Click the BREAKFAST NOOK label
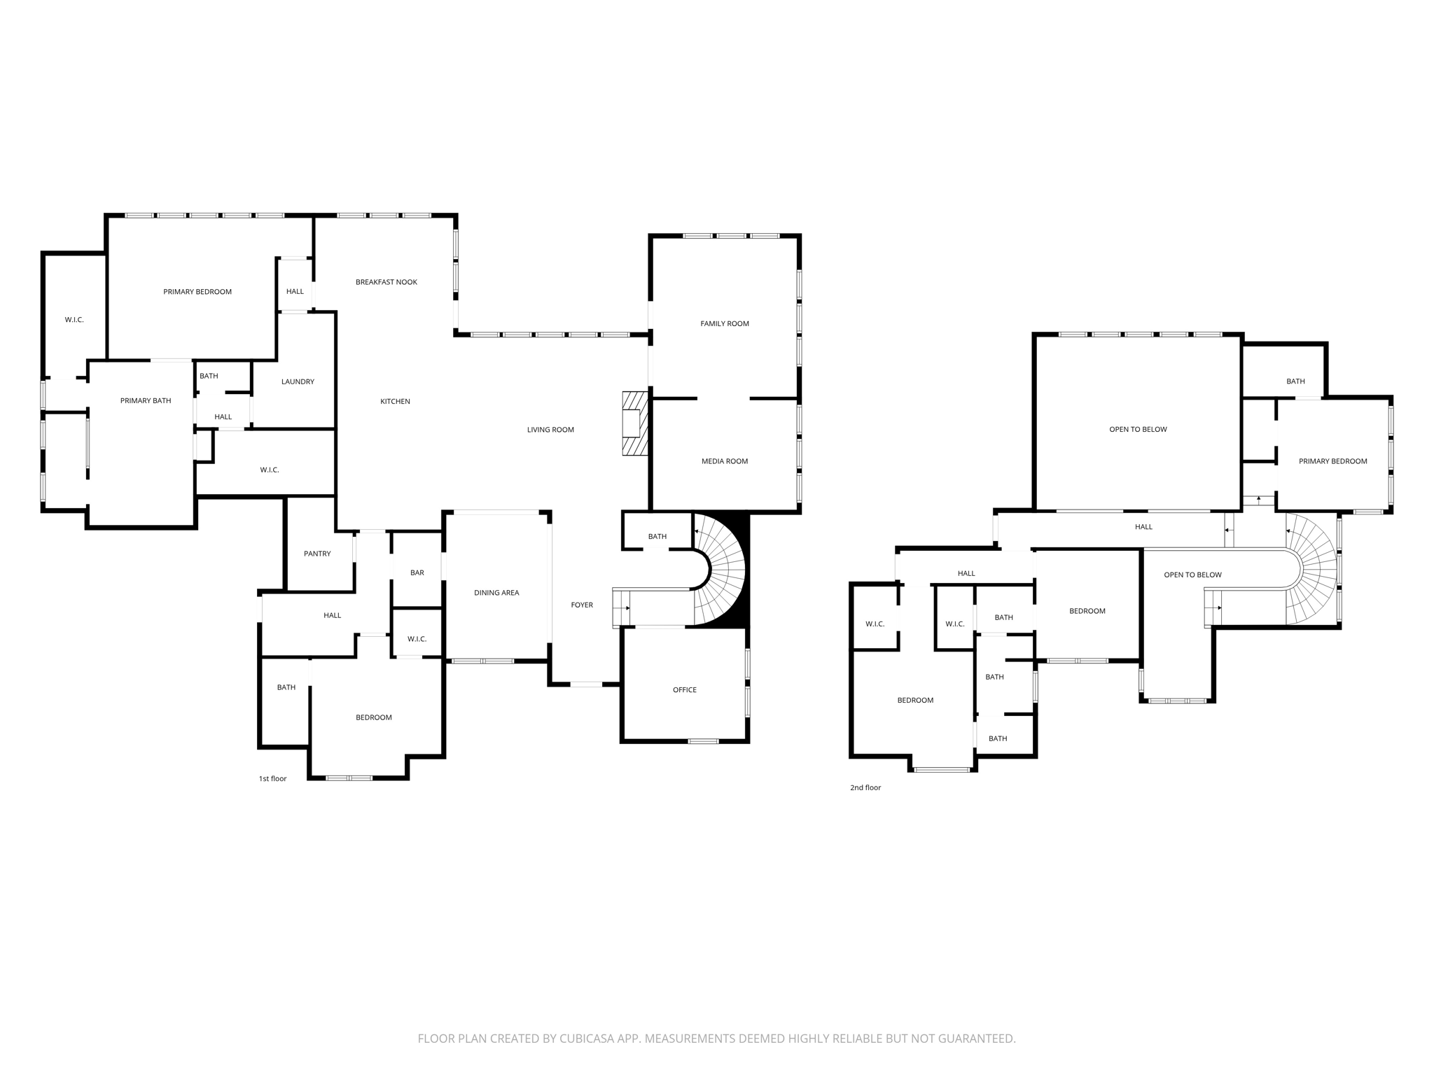click(386, 282)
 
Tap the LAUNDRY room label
click(298, 381)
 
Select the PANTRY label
click(317, 554)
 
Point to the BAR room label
click(417, 572)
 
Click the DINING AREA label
click(496, 593)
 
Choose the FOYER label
click(582, 605)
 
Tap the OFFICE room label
click(684, 689)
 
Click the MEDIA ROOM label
click(725, 461)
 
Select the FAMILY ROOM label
click(725, 323)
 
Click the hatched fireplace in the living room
click(635, 423)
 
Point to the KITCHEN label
click(395, 401)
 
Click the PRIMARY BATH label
click(146, 400)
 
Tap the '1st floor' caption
click(272, 778)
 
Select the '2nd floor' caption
click(865, 787)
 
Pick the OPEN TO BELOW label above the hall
click(1138, 429)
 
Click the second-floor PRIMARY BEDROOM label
click(1332, 461)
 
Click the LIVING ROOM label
click(550, 430)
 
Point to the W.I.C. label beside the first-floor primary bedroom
click(74, 320)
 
